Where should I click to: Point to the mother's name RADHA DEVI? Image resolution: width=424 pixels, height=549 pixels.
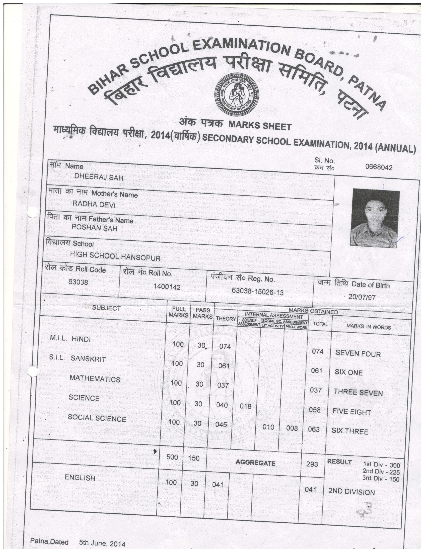click(x=94, y=205)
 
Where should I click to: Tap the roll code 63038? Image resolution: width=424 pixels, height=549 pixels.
click(x=78, y=282)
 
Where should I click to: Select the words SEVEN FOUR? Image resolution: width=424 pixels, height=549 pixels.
click(x=358, y=354)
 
